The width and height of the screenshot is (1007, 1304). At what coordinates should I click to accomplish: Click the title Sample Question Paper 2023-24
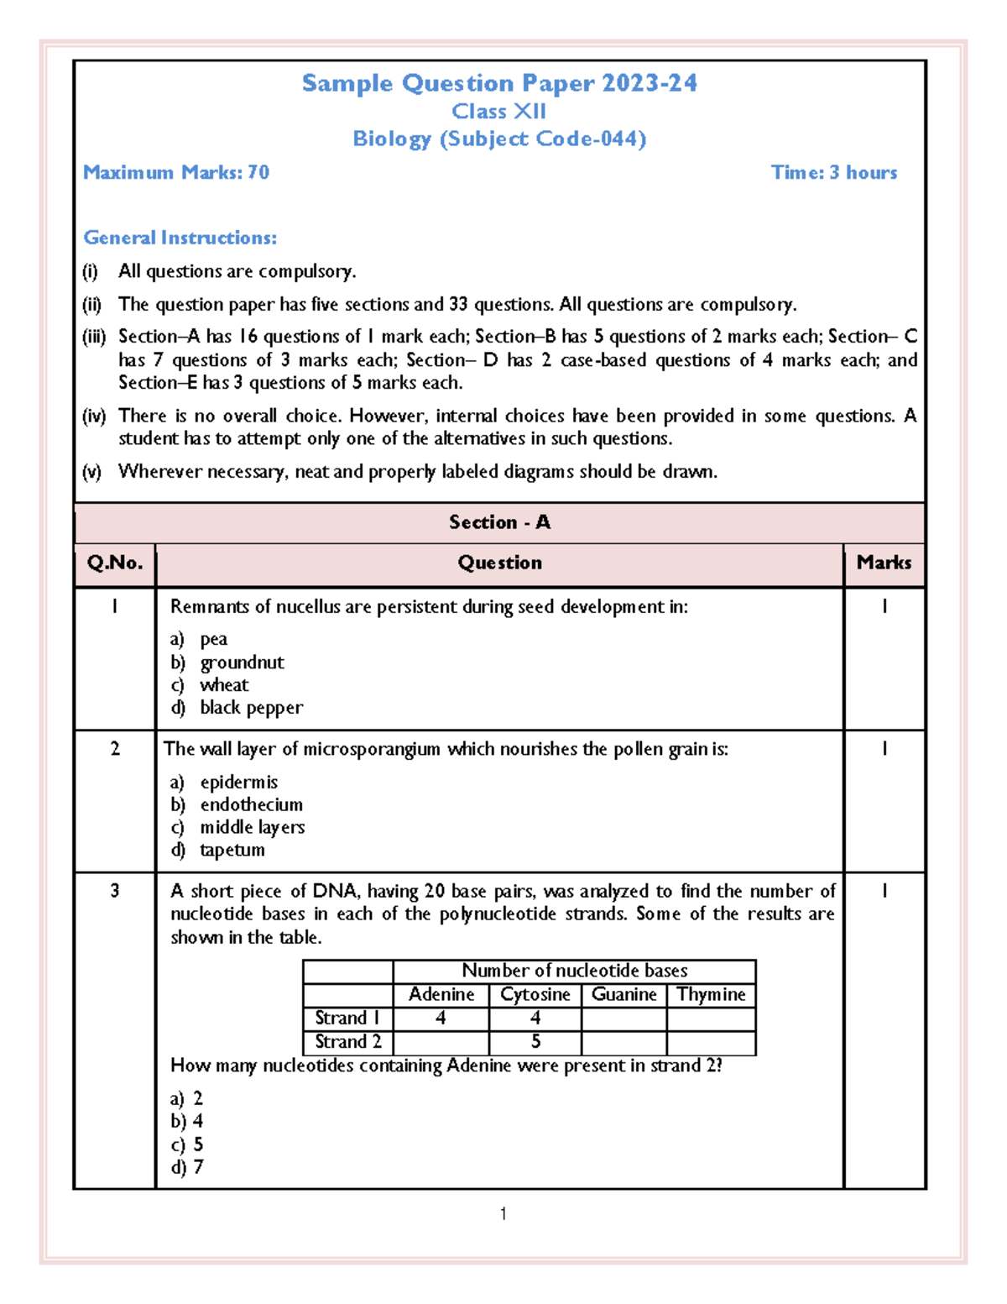[499, 83]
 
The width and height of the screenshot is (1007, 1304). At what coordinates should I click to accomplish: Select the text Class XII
[499, 112]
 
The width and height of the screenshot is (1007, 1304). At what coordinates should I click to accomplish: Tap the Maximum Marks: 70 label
[176, 173]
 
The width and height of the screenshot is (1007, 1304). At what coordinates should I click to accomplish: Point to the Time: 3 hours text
[834, 173]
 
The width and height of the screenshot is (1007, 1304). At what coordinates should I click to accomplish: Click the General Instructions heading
[180, 238]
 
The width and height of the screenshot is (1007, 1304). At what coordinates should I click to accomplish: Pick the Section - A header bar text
[499, 522]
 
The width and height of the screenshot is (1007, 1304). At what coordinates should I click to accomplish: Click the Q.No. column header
[115, 563]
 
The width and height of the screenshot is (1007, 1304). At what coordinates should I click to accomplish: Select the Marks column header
[884, 563]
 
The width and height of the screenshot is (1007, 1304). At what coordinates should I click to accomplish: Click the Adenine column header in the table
[441, 994]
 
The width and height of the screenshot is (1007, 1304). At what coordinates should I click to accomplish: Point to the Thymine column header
[711, 994]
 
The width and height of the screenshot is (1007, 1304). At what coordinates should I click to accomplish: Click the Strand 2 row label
[347, 1042]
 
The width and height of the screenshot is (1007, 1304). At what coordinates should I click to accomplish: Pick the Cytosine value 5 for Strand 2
[535, 1042]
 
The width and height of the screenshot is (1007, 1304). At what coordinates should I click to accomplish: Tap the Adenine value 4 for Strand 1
[441, 1018]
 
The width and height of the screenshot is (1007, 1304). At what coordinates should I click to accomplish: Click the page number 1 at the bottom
[503, 1213]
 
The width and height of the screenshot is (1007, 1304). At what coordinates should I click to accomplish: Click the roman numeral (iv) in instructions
[94, 416]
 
